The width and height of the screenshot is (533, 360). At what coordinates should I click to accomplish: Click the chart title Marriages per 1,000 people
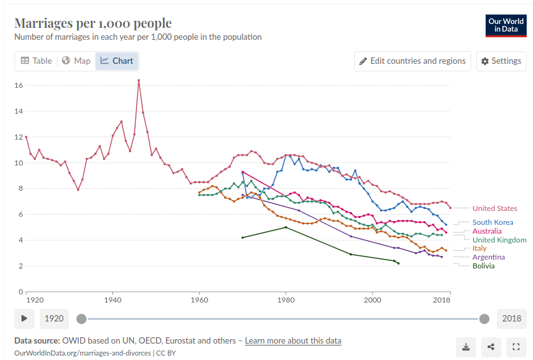93,23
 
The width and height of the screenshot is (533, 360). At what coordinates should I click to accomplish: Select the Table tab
36,61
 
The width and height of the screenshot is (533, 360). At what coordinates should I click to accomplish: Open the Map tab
76,61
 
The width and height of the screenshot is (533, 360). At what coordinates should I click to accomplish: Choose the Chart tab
117,61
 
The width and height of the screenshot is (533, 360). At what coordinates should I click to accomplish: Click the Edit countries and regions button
412,61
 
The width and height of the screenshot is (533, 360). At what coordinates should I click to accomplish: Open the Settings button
501,61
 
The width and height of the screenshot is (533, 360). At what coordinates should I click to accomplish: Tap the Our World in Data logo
506,25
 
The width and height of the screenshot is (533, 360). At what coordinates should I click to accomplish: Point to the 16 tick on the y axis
19,85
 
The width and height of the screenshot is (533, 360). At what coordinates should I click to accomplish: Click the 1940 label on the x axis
112,299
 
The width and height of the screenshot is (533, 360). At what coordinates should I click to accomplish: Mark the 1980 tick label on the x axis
286,299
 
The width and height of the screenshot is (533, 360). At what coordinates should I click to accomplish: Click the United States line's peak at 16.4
138,80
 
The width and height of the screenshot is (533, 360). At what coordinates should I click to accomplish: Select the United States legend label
494,208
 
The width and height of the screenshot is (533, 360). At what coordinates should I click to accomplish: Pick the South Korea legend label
493,222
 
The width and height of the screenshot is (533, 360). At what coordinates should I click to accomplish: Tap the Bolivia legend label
484,266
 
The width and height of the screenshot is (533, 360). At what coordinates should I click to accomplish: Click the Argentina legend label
489,257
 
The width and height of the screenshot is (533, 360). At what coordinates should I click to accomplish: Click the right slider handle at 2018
484,318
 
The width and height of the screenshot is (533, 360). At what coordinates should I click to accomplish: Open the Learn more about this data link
293,340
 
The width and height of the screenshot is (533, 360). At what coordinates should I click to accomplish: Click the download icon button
466,346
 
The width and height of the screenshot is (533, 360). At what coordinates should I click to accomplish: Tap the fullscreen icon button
516,346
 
